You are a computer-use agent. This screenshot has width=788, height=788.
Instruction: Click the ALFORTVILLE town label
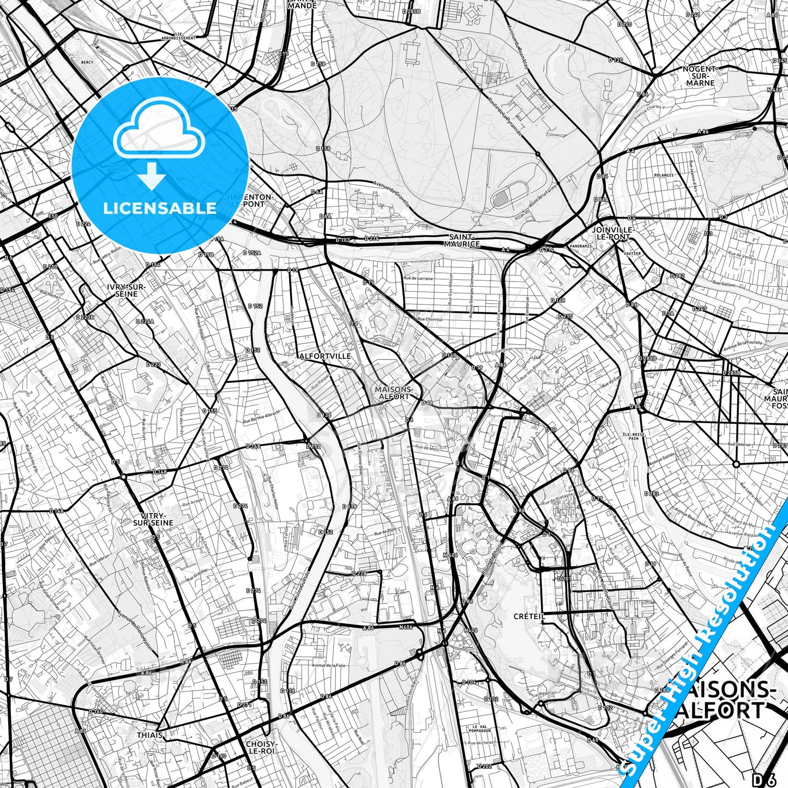325,356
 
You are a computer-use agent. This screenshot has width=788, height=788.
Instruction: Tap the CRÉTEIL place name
529,616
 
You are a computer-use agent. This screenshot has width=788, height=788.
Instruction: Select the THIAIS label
149,735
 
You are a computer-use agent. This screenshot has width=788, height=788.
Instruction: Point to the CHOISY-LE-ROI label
260,747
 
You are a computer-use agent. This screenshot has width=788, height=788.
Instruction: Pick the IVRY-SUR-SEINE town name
127,290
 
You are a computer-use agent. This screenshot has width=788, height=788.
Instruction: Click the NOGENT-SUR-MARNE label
700,76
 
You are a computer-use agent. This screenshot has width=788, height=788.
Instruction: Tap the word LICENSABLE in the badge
160,208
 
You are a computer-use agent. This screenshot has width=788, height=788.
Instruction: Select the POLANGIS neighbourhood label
663,175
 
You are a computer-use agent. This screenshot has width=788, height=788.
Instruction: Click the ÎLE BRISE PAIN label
633,436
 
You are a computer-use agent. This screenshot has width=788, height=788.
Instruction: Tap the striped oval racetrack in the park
510,194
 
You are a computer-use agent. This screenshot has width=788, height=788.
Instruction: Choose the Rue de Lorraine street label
418,278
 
